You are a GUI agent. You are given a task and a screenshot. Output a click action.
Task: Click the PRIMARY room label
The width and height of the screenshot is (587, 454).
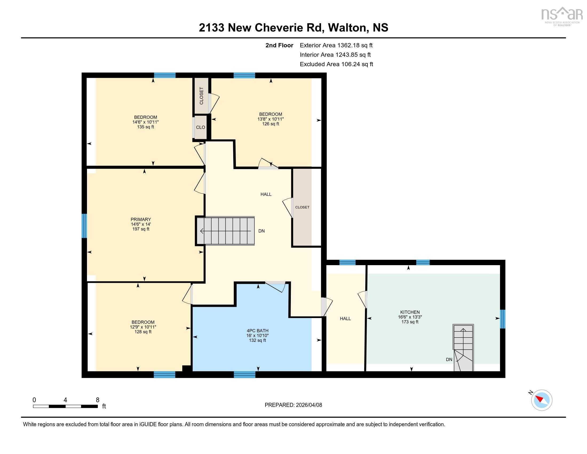pos(141,219)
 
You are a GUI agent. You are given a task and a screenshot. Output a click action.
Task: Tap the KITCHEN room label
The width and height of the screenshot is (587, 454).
pos(410,312)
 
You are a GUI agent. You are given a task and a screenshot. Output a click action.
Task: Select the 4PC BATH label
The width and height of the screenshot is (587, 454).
pos(257,331)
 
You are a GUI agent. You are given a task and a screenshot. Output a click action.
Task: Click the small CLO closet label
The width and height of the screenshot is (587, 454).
pos(200,127)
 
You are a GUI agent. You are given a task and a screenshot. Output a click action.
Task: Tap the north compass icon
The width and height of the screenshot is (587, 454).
pos(542,400)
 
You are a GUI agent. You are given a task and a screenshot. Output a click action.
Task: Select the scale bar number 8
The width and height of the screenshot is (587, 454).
pos(98,400)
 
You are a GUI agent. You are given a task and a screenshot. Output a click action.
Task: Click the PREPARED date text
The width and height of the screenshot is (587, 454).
pos(293,405)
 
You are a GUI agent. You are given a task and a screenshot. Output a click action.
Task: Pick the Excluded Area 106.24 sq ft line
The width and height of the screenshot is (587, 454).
pos(336,64)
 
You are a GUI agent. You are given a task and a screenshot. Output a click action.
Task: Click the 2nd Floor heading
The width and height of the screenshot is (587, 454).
pos(279,45)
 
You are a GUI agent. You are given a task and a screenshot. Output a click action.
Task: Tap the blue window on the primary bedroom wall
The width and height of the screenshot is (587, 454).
pos(84,226)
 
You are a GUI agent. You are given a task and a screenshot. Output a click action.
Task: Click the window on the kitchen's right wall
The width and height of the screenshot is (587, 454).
pos(502,319)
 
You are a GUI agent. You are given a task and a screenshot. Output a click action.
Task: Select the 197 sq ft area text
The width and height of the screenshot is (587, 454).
pos(141,229)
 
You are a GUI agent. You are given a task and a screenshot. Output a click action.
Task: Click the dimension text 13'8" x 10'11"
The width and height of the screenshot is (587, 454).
pos(270,119)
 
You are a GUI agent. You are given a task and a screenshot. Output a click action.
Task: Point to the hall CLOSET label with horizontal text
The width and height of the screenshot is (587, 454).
pos(302,207)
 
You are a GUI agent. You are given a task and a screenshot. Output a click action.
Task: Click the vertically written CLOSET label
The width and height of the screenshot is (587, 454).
pos(201,96)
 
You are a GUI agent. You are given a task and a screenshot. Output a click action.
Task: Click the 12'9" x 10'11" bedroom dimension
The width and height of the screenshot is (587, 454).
pos(143,327)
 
